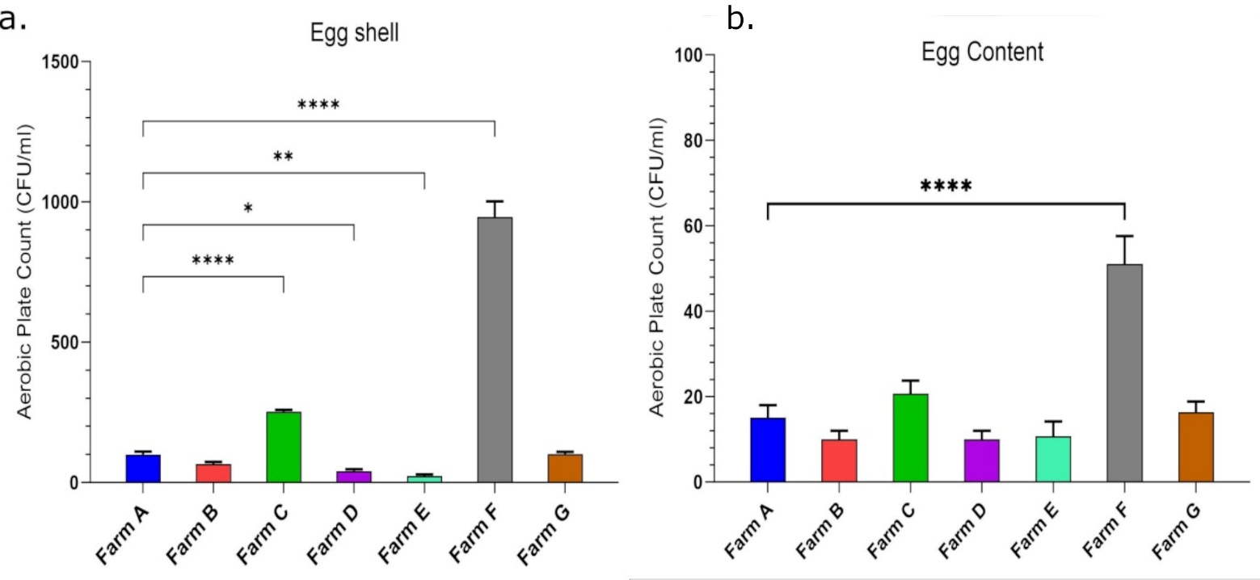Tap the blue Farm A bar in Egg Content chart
point(768,449)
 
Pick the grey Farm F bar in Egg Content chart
point(1124,372)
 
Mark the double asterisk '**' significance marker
point(283,157)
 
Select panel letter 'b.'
point(739,19)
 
